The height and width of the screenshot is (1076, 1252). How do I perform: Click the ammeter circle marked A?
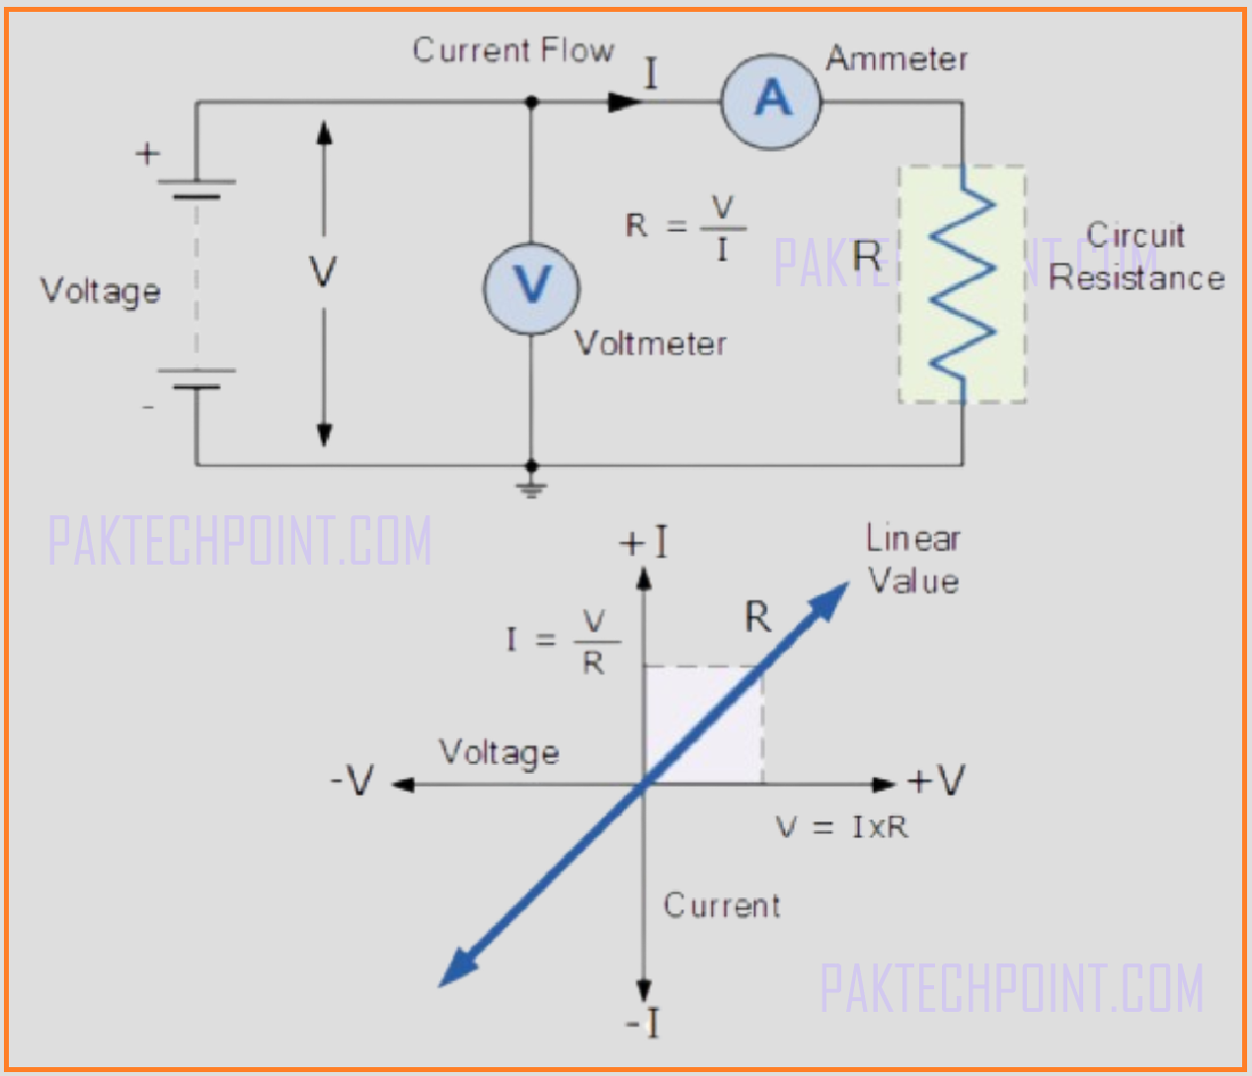[x=771, y=100]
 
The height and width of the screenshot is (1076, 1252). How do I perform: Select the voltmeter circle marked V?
[x=531, y=287]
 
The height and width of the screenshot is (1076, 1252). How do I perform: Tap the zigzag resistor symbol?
[x=963, y=284]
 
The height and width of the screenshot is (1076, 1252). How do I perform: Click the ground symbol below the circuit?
[x=531, y=487]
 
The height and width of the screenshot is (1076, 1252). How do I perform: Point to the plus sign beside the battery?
[x=147, y=154]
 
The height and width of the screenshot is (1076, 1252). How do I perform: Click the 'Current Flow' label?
[x=512, y=50]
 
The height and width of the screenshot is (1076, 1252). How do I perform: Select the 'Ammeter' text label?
[x=897, y=59]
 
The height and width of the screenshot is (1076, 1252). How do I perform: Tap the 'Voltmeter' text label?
[x=651, y=344]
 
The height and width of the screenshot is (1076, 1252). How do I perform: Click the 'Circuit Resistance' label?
[x=1136, y=257]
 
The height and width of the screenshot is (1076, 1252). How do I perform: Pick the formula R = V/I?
[x=685, y=227]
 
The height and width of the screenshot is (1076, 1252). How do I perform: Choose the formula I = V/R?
[x=563, y=642]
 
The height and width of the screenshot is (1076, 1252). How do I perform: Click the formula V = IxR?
[x=841, y=827]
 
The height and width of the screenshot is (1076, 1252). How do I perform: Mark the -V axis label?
[x=352, y=781]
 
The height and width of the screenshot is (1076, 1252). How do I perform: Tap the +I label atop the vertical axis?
[x=644, y=543]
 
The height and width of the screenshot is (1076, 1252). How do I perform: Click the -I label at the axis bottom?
[x=643, y=1024]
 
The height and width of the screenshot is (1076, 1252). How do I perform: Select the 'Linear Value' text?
[x=913, y=560]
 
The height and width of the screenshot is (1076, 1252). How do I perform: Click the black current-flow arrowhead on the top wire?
[x=623, y=102]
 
